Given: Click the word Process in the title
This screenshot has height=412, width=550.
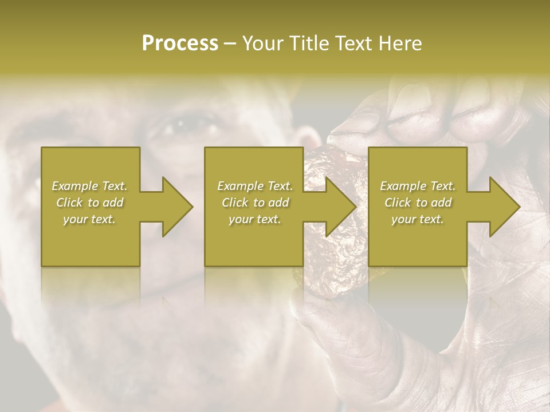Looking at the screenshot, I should (x=180, y=43).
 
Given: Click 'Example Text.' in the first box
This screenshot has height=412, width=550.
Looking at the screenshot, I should (x=90, y=186).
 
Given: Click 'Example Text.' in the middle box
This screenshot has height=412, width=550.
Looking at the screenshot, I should (x=255, y=186).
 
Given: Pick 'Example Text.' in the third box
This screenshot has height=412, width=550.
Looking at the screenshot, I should (x=418, y=186).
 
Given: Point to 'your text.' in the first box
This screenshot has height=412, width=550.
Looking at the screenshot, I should (x=89, y=220).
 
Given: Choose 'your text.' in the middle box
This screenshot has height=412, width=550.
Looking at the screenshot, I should (x=255, y=220).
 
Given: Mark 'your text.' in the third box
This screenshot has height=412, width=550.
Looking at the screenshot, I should (x=418, y=220).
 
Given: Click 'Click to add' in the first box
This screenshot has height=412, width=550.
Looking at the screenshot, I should (x=90, y=203).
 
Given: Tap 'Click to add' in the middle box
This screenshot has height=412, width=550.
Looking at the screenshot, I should (x=255, y=203).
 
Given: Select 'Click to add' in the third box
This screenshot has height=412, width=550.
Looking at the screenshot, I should (x=418, y=203).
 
